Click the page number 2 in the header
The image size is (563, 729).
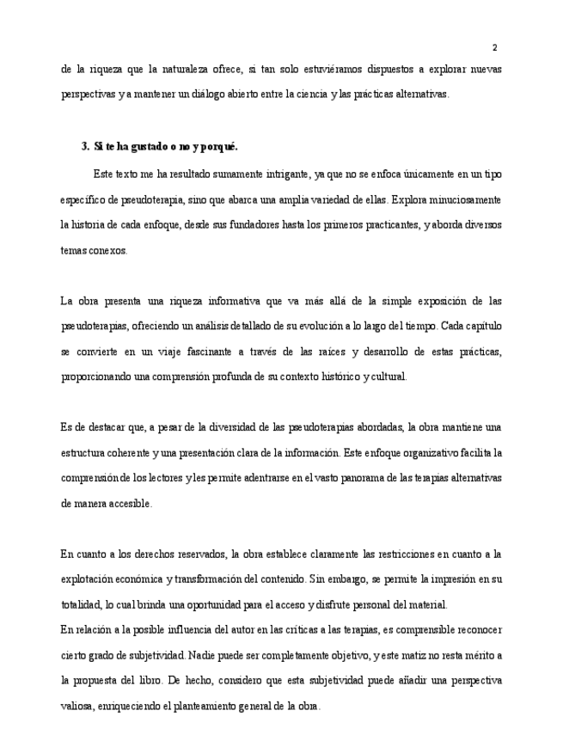pos(494,47)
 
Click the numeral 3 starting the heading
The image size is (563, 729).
pos(84,146)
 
